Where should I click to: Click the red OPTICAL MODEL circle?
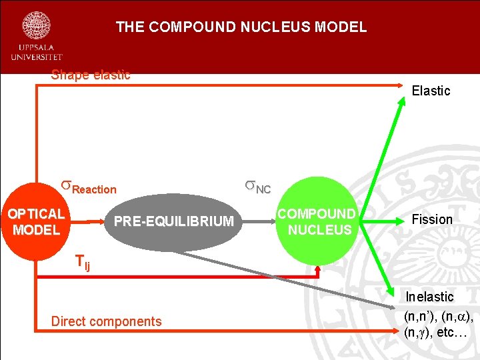pyautogui.click(x=36, y=221)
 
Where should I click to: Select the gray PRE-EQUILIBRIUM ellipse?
pyautogui.click(x=173, y=221)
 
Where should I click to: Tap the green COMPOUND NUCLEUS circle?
pyautogui.click(x=317, y=221)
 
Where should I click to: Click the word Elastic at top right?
pyautogui.click(x=431, y=91)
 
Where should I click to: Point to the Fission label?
pyautogui.click(x=432, y=219)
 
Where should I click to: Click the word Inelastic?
pyautogui.click(x=430, y=297)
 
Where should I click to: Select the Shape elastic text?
pyautogui.click(x=91, y=75)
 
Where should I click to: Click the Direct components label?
pyautogui.click(x=107, y=321)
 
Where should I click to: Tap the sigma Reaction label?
pyautogui.click(x=89, y=187)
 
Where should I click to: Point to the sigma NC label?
pyautogui.click(x=257, y=187)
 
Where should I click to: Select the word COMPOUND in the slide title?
pyautogui.click(x=193, y=27)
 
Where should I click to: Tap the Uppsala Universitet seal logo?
pyautogui.click(x=36, y=25)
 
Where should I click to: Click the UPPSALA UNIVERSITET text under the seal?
pyautogui.click(x=36, y=53)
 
